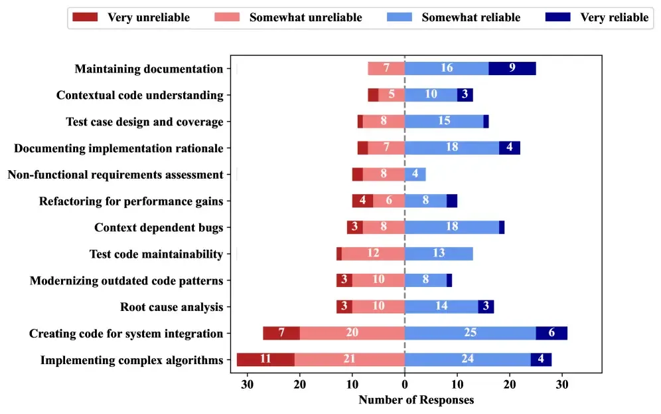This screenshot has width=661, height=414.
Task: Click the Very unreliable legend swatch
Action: (x=85, y=17)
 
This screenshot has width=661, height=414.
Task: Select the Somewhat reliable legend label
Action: (x=471, y=17)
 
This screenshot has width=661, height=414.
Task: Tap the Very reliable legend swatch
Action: (x=558, y=17)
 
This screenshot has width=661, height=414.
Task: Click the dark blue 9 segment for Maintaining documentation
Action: (x=512, y=68)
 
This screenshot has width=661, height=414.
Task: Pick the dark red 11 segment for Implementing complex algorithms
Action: (x=265, y=360)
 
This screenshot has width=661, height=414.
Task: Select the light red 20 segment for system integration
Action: (x=352, y=333)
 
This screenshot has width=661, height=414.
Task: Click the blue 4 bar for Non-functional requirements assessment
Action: (x=415, y=174)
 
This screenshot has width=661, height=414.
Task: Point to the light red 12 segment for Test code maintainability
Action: (x=373, y=254)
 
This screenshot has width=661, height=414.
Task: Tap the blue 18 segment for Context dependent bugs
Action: (x=452, y=227)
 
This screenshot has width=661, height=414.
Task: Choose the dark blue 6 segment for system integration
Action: (x=551, y=333)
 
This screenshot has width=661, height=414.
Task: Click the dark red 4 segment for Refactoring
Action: (x=362, y=201)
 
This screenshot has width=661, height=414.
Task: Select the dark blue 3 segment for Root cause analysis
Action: (x=486, y=307)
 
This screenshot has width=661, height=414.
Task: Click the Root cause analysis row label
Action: (x=171, y=307)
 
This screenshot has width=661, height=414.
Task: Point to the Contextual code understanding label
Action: (x=139, y=95)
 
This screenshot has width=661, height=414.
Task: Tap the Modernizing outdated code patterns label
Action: (x=126, y=280)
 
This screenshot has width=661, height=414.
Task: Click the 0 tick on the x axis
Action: (x=405, y=383)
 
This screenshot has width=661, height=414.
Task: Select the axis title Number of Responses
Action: (x=416, y=400)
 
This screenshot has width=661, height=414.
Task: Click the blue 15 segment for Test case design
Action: (x=444, y=122)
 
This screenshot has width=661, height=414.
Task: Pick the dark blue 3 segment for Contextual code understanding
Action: (x=465, y=95)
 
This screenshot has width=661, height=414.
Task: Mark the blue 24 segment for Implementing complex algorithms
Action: (x=467, y=360)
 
